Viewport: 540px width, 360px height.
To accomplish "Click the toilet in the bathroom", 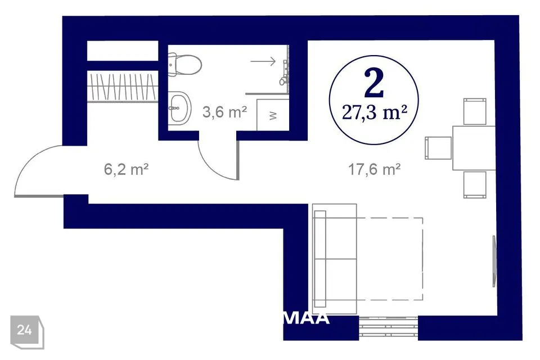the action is pyautogui.click(x=184, y=65).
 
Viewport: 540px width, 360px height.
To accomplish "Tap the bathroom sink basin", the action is pyautogui.click(x=179, y=108).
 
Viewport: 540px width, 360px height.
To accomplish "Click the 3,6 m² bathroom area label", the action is pyautogui.click(x=224, y=112).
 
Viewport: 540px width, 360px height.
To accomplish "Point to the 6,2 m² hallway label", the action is pyautogui.click(x=126, y=169).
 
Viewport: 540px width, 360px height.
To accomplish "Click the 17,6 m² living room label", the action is pyautogui.click(x=375, y=169).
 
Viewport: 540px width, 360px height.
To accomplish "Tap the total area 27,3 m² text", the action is pyautogui.click(x=375, y=112).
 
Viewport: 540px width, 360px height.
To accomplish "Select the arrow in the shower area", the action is pyautogui.click(x=263, y=61).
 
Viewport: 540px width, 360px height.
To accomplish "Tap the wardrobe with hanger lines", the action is pyautogui.click(x=123, y=86).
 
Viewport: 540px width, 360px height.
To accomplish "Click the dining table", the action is pyautogui.click(x=474, y=148).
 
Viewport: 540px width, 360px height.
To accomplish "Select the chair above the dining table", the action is pyautogui.click(x=475, y=111).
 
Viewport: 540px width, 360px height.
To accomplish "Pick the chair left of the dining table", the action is pyautogui.click(x=438, y=148).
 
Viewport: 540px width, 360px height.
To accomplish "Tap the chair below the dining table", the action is pyautogui.click(x=475, y=184).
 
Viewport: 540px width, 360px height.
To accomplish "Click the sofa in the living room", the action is pyautogui.click(x=334, y=259).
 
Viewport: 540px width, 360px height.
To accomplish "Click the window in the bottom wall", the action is pyautogui.click(x=389, y=328).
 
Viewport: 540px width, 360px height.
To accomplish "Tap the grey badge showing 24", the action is pyautogui.click(x=27, y=331).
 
